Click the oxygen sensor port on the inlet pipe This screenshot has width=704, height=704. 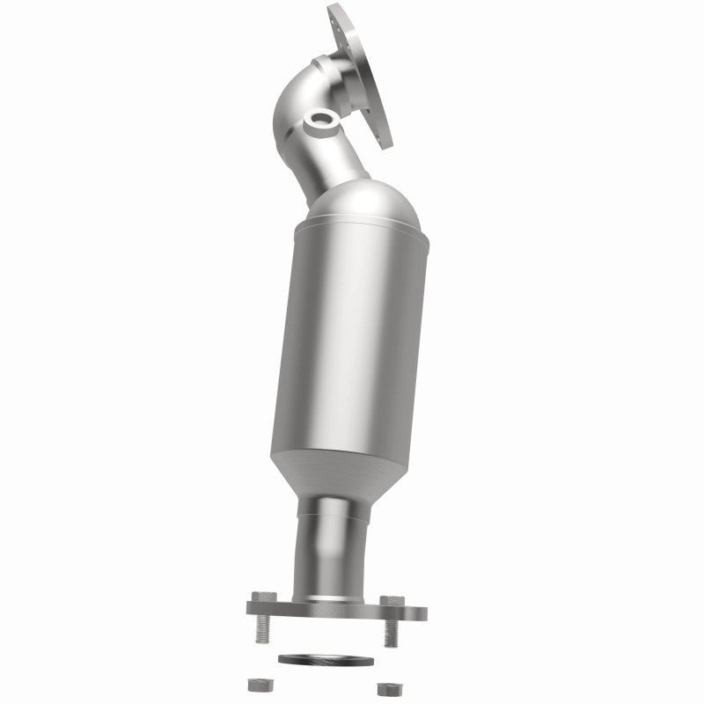(319, 121)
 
